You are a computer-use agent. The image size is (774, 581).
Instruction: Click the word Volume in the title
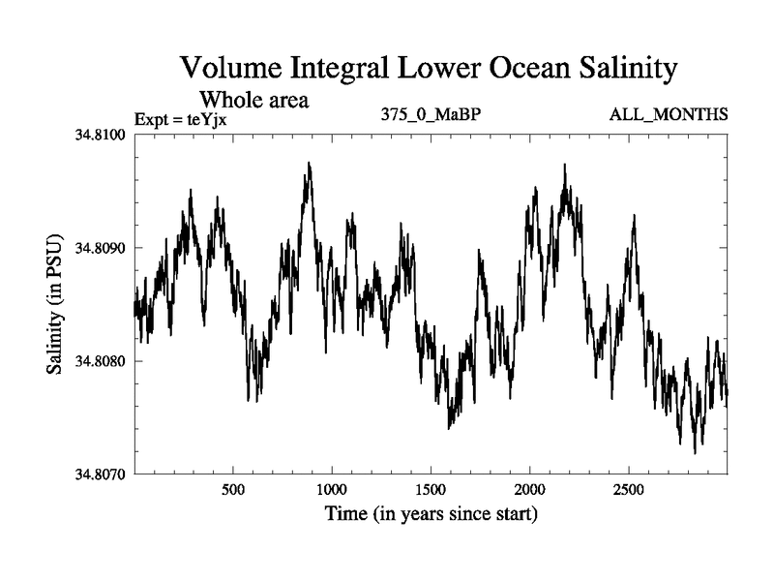point(228,70)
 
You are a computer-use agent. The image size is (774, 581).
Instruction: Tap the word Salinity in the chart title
point(612,70)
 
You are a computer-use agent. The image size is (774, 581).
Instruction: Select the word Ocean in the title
point(503,70)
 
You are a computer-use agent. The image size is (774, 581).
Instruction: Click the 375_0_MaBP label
point(432,115)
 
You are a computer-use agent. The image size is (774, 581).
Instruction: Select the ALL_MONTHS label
point(669,115)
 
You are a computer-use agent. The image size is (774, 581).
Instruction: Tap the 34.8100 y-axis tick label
point(104,134)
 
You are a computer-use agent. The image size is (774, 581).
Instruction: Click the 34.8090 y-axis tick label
point(104,248)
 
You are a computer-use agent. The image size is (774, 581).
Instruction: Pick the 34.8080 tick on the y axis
point(104,361)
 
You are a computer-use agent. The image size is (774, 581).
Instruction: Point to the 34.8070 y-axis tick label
point(104,474)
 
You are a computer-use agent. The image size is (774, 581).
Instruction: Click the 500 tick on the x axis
point(233,490)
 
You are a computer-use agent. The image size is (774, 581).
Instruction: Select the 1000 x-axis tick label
point(332,490)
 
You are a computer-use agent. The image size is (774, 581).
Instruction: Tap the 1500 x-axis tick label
point(431,490)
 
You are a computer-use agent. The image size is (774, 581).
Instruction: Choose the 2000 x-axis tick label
point(530,490)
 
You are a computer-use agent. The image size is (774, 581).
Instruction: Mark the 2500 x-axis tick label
point(629,490)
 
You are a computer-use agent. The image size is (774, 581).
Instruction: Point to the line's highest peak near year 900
point(310,164)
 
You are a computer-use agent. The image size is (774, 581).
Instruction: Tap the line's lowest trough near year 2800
point(695,452)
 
